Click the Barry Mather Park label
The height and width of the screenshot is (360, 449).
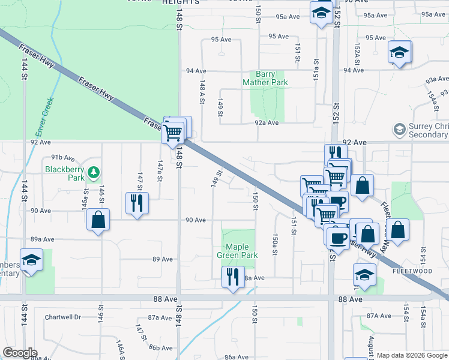(265, 78)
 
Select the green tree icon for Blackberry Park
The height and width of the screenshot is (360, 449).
(93, 173)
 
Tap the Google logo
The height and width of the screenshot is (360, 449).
(20, 353)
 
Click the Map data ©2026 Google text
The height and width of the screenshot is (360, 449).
(412, 355)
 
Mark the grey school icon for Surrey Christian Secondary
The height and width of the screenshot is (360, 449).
(399, 129)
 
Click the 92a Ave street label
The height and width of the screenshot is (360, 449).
(267, 122)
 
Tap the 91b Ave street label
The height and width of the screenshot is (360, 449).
(62, 159)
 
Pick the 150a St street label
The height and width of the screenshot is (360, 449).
(274, 244)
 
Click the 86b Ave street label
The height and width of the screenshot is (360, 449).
(161, 348)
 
